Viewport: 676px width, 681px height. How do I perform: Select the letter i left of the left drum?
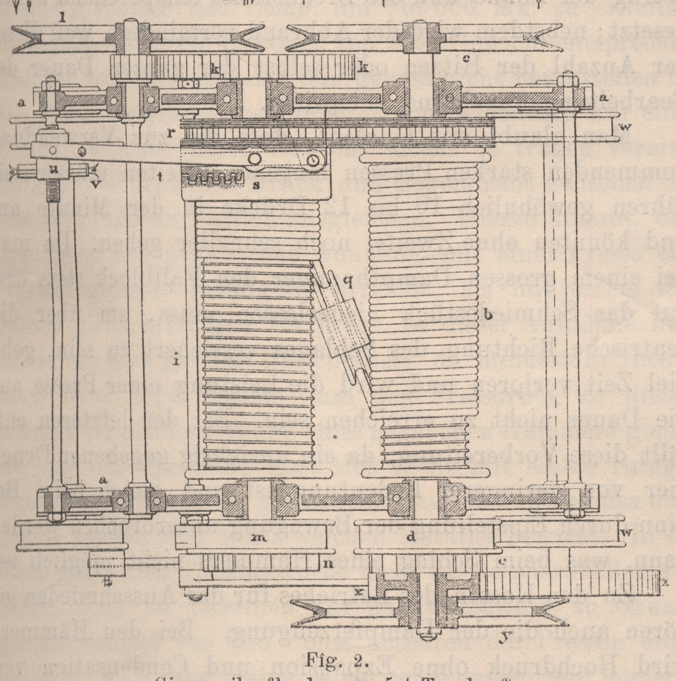176,341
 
